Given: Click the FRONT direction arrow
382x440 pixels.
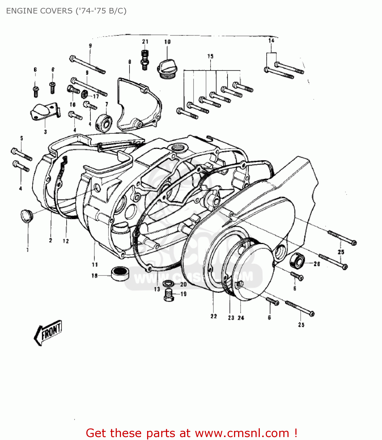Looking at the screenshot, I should click(48, 332).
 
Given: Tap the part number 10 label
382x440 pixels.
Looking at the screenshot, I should click(167, 42).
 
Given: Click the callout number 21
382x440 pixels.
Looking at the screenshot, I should click(145, 42).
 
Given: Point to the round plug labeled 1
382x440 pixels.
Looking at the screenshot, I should click(27, 216).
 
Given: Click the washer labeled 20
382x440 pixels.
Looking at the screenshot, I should click(168, 283).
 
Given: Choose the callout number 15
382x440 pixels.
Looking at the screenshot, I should click(211, 56).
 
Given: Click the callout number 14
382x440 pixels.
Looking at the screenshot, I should click(271, 40).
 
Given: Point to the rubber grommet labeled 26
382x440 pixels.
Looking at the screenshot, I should click(297, 260).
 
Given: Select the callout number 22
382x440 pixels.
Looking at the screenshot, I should click(213, 316).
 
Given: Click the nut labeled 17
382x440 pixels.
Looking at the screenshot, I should click(85, 94).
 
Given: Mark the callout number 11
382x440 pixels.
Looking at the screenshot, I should click(95, 265).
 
